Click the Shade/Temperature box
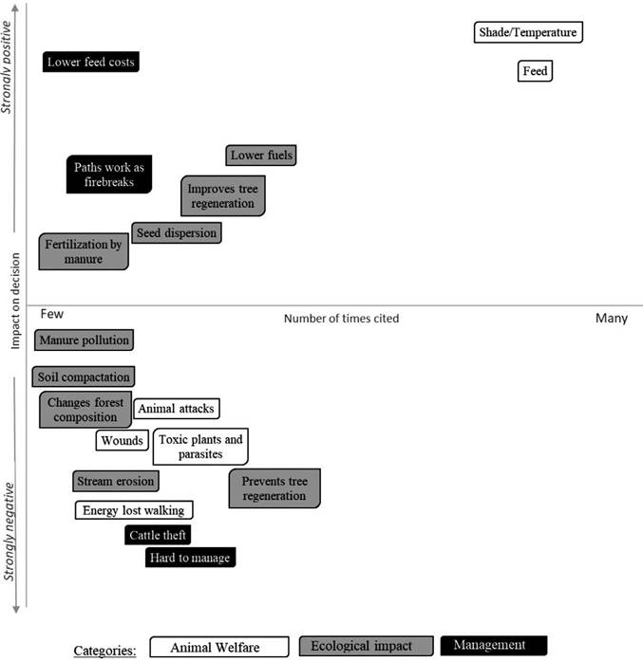528,32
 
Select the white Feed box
535,71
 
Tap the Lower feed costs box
91,62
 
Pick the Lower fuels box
261,156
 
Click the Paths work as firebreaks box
109,175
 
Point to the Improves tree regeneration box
223,196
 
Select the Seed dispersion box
177,233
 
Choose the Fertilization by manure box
84,251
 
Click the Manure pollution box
85,340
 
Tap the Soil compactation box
84,377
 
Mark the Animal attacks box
177,409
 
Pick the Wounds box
123,440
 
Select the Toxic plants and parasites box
200,447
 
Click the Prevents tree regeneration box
274,488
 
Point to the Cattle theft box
158,535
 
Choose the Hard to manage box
190,558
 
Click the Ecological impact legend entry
366,646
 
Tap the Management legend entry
494,646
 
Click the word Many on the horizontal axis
612,318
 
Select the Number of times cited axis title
342,319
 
